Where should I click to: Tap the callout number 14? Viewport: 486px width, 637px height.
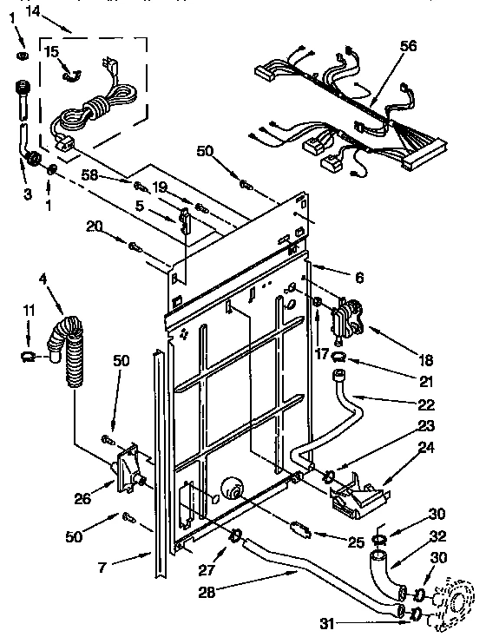click(x=32, y=11)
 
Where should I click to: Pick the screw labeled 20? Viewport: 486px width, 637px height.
click(x=135, y=247)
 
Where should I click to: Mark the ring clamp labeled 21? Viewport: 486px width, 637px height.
click(x=341, y=357)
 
